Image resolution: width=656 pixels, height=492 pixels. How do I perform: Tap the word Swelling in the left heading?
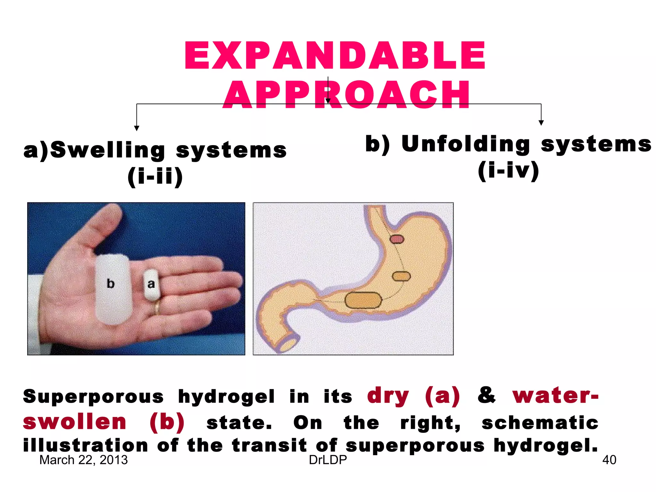point(108,150)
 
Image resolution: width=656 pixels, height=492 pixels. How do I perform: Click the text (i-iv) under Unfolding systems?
point(508,170)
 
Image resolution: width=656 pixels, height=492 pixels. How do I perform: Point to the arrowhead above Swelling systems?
point(137,128)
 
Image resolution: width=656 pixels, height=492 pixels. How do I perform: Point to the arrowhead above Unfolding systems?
point(541,123)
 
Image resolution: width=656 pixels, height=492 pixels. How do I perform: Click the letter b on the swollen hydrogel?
point(111,283)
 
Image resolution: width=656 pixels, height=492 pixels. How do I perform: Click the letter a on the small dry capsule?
point(151,284)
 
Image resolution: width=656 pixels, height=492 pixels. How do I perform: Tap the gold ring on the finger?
point(157,307)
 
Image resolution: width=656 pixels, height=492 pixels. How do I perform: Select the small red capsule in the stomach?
point(397,239)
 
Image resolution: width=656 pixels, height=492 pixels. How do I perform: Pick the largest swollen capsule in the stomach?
point(363,300)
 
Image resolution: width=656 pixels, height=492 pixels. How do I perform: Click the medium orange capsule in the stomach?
point(401,276)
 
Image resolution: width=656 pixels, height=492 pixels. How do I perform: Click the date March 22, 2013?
point(83,460)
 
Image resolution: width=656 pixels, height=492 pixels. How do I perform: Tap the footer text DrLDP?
point(328,460)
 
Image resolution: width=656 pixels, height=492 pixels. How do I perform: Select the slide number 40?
point(609,460)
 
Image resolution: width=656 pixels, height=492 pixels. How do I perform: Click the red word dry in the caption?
point(388,396)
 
